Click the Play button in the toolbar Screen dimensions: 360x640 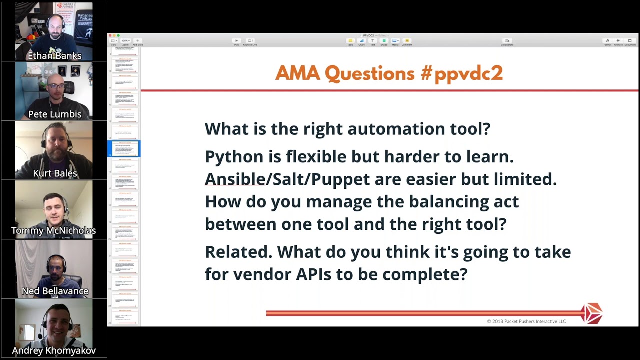236,41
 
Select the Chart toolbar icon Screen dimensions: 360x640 361,41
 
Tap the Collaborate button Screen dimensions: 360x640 507,41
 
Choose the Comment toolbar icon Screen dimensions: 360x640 407,41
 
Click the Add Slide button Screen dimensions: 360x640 137,41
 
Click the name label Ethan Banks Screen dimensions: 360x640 54,56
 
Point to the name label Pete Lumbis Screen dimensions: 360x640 54,114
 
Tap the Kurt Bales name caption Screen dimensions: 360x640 54,173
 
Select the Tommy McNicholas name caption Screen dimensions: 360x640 53,230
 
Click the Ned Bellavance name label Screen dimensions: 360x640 55,291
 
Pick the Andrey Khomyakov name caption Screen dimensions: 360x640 54,350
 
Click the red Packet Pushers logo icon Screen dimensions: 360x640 592,313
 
